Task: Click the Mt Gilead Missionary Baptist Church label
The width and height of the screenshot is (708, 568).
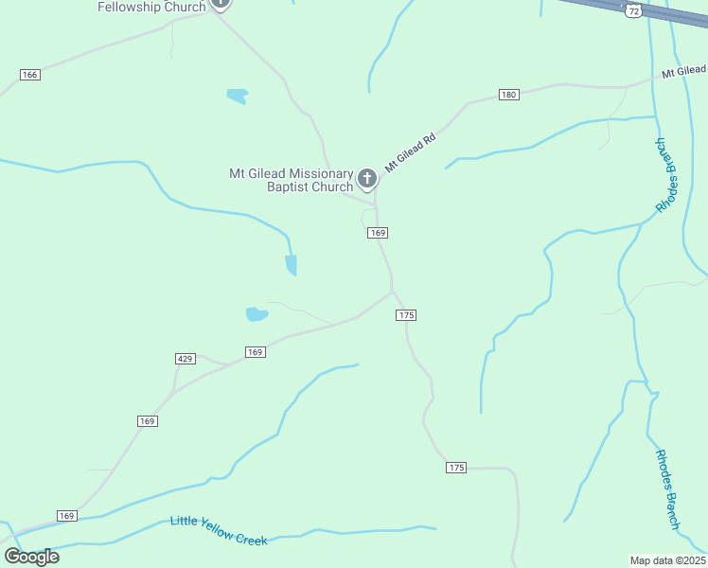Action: [x=291, y=180]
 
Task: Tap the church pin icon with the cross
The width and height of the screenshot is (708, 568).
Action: [x=367, y=178]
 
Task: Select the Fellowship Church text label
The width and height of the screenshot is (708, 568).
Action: [x=151, y=7]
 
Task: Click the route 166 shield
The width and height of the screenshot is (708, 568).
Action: [x=29, y=74]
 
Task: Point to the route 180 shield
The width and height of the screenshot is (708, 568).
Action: [x=509, y=95]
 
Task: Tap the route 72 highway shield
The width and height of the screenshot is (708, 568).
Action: [x=632, y=9]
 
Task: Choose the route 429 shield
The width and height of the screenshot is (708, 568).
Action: [x=186, y=358]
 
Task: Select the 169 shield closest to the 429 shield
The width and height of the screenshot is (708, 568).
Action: [x=255, y=352]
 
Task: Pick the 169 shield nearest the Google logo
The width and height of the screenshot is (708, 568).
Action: [x=65, y=516]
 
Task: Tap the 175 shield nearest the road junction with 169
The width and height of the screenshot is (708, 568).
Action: [x=407, y=314]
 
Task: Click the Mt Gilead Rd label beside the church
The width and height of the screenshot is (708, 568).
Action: [x=410, y=151]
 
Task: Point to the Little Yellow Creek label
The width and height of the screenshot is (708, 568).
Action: [x=219, y=530]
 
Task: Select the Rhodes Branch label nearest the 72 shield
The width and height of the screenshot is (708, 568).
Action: [x=667, y=175]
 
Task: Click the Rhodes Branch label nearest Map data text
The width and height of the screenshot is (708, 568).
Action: [x=667, y=488]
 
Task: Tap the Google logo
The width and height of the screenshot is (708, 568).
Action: [x=31, y=557]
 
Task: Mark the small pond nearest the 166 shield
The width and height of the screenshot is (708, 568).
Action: [x=237, y=96]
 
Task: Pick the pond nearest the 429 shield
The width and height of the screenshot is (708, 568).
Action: [x=257, y=314]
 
